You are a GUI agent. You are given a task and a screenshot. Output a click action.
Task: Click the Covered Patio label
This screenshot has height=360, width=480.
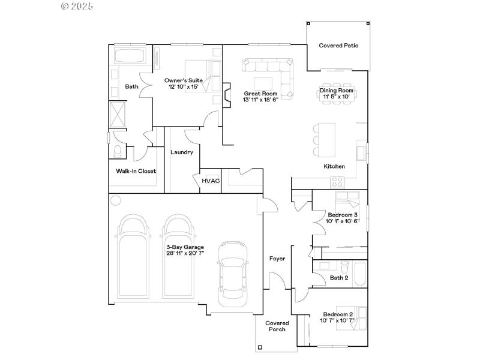(338, 45)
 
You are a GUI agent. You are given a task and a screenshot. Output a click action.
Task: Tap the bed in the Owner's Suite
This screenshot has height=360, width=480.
(198, 76)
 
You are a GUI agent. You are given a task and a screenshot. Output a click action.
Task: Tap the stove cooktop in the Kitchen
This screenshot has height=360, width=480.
(337, 181)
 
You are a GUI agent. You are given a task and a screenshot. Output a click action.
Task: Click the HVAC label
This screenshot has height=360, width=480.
(210, 181)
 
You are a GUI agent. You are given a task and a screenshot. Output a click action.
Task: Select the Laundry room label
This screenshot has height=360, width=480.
(181, 152)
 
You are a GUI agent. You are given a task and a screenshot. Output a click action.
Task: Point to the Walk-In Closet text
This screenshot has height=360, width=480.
(136, 171)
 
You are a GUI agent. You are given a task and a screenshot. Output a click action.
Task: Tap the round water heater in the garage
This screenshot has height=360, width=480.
(116, 200)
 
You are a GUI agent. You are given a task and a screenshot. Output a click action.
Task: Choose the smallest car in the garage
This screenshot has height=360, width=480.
(232, 272)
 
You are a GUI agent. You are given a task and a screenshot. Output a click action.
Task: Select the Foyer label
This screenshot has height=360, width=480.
(277, 259)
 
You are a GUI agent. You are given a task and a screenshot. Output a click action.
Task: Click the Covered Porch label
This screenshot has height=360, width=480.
(277, 326)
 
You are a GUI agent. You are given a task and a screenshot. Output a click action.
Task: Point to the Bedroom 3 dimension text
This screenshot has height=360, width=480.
(342, 221)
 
